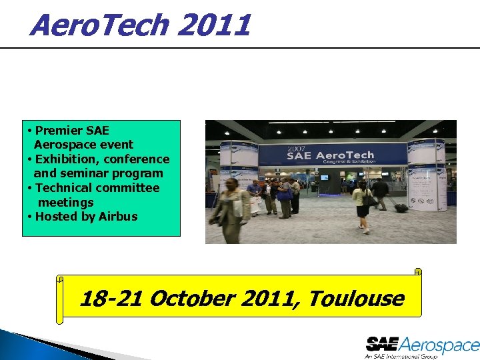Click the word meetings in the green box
pos(66,202)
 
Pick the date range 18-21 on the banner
pos(110,298)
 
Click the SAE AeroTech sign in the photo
pos(331,155)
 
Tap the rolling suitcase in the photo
pos(401,207)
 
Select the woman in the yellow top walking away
pos(361,203)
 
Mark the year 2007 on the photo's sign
pos(296,148)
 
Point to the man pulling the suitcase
pos(381,193)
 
